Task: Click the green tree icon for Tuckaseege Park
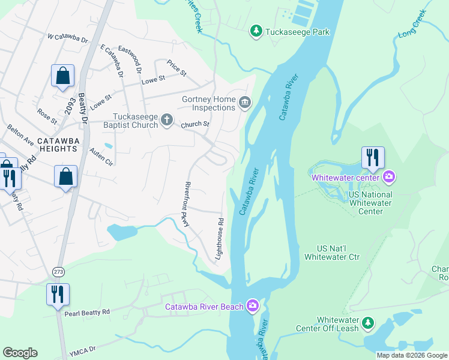(x=256, y=31)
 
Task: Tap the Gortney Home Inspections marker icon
(x=244, y=103)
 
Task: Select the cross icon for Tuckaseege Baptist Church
(x=167, y=121)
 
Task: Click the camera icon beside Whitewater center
(x=389, y=176)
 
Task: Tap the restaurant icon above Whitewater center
(x=372, y=158)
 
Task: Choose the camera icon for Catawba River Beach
(x=253, y=307)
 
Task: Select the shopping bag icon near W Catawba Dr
(x=62, y=76)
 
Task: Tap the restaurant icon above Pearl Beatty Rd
(x=58, y=294)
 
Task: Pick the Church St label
(x=195, y=124)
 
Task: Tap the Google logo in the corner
(x=20, y=353)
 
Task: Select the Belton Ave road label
(x=20, y=135)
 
